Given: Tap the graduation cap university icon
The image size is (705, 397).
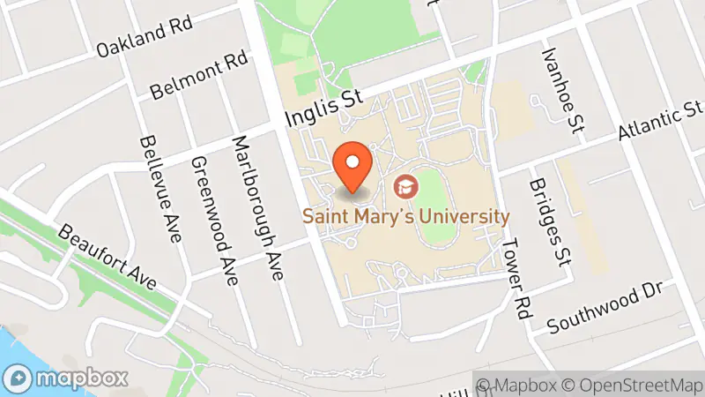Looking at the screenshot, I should coord(406,186).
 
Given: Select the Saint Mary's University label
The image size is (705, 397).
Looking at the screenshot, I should coord(406,215).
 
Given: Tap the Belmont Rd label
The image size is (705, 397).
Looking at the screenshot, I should coord(200,76).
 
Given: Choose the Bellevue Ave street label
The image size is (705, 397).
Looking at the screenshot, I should coord(160,189).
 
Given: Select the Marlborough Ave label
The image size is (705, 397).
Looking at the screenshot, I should coord(258,208).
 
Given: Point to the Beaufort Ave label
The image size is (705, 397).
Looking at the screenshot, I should coord(108,257).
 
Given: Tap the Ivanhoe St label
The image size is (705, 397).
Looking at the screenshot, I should coord(565,91).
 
